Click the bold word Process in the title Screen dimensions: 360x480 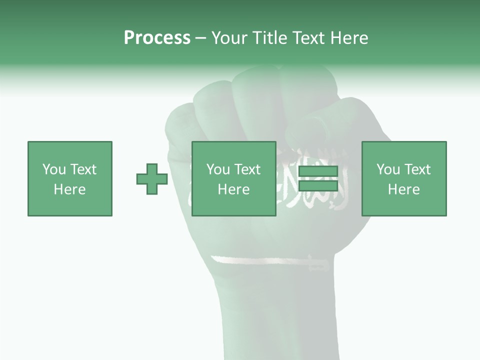point(157,38)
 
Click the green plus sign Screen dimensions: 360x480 point(152,179)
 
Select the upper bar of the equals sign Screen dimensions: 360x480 point(318,171)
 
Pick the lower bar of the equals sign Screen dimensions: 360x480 point(318,185)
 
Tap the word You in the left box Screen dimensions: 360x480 point(53,169)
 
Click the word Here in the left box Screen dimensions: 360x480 point(69,189)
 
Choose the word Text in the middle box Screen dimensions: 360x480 point(247,169)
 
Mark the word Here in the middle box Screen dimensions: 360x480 point(233,189)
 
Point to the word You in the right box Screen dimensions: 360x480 point(387,169)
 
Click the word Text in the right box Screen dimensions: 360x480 point(417,169)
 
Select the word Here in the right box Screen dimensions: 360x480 point(403,189)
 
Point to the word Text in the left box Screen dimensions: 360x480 point(83,169)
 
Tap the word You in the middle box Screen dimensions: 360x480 point(217,169)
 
